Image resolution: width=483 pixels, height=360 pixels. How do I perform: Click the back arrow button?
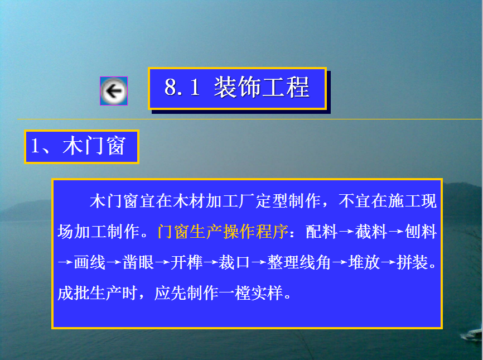pyautogui.click(x=114, y=91)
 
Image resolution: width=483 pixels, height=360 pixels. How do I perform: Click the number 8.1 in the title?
pyautogui.click(x=182, y=87)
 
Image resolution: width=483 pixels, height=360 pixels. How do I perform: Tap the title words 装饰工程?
pyautogui.click(x=262, y=88)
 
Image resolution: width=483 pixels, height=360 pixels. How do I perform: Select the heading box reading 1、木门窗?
pyautogui.click(x=81, y=147)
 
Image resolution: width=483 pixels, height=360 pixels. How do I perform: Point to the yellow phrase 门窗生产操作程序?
pyautogui.click(x=223, y=232)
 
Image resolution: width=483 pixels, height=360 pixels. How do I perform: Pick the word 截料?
pyautogui.click(x=371, y=232)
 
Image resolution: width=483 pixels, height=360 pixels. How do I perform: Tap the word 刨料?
pyautogui.click(x=421, y=232)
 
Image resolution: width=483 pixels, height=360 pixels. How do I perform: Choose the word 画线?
pyautogui.click(x=90, y=262)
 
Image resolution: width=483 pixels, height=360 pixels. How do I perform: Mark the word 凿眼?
pyautogui.click(x=138, y=262)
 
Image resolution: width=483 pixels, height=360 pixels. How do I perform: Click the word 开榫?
pyautogui.click(x=186, y=262)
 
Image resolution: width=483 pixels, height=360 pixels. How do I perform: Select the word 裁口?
pyautogui.click(x=234, y=262)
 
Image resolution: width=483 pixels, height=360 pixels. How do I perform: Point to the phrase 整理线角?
pyautogui.click(x=299, y=262)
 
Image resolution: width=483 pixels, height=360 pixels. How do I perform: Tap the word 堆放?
pyautogui.click(x=364, y=262)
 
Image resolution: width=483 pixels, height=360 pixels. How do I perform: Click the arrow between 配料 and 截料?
pyautogui.click(x=346, y=232)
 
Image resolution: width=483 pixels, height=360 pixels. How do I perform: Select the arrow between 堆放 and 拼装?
pyautogui.click(x=388, y=262)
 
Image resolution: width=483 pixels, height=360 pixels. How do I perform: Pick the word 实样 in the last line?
pyautogui.click(x=267, y=293)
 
